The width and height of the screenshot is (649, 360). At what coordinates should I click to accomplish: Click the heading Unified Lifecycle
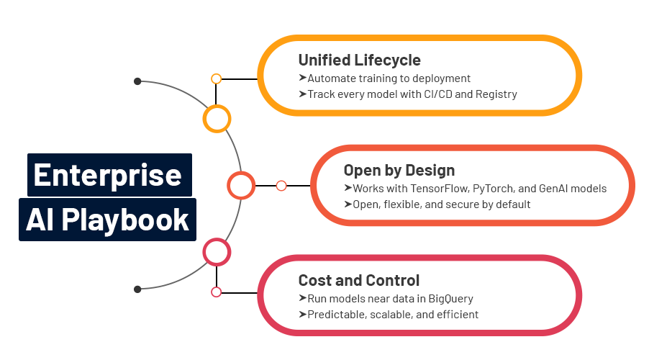click(x=359, y=60)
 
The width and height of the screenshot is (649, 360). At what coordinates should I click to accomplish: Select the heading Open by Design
click(x=399, y=171)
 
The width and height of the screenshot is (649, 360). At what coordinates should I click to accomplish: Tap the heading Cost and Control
click(x=358, y=280)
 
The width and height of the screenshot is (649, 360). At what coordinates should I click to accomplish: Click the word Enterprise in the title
click(x=108, y=175)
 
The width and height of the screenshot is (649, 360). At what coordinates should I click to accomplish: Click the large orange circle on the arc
click(x=217, y=119)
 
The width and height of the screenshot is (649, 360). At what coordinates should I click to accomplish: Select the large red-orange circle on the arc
click(x=241, y=186)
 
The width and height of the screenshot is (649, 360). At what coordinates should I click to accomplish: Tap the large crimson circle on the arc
click(x=217, y=252)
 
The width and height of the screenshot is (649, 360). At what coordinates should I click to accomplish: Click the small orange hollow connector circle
click(x=216, y=78)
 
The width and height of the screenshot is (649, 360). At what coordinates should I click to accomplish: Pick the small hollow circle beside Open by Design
click(x=281, y=186)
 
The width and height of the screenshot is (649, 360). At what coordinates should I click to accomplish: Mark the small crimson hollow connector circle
click(x=216, y=292)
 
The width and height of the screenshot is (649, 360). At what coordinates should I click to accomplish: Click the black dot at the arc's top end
click(x=137, y=81)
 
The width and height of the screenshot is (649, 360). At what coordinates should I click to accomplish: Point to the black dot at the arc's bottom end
click(x=137, y=289)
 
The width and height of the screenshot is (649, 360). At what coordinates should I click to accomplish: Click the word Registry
click(x=495, y=94)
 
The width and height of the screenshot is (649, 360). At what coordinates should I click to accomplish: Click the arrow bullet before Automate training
click(x=302, y=78)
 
